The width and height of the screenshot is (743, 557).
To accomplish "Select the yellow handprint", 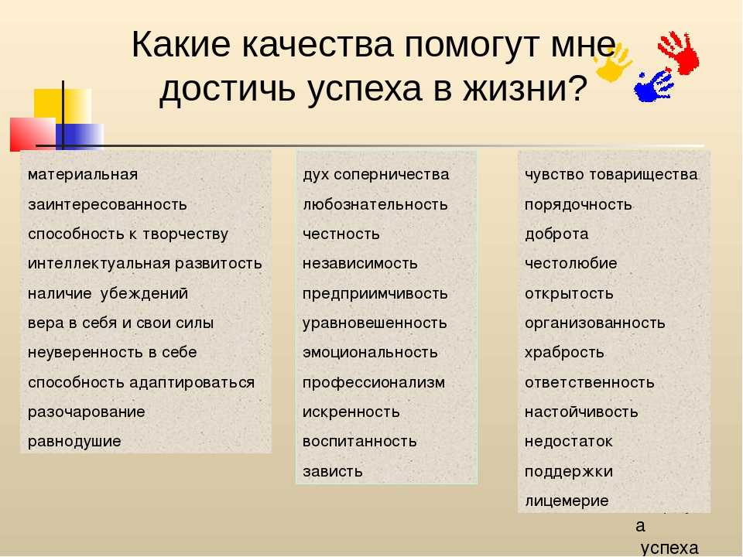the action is point(613,62).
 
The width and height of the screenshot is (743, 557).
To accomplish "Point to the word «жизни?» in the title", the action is point(525,88).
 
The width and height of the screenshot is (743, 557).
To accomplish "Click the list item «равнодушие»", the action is point(74,442).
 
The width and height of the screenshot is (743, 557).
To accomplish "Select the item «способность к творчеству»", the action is point(128,234).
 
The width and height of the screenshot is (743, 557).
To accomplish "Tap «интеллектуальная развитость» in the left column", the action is point(145,263).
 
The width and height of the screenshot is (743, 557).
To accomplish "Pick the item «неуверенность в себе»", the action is point(112,353).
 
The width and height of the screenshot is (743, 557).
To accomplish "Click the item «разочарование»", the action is point(86,412).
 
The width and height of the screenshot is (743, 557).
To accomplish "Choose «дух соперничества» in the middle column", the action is point(376,175).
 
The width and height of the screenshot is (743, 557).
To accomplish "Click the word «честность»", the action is point(341,234).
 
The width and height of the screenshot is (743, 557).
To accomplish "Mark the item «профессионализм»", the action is point(374,383).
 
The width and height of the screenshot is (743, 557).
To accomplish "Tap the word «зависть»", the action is point(333,471).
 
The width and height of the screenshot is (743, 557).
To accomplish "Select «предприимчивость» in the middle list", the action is point(375,294).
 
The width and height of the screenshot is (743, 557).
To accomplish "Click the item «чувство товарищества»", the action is point(611,175).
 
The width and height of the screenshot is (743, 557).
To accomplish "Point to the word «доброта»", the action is point(556,234).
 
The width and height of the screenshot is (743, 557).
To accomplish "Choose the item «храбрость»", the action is point(564,353).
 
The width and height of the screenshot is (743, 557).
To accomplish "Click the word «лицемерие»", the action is point(567,501).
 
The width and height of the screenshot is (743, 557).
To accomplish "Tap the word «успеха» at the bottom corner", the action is point(669,548).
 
